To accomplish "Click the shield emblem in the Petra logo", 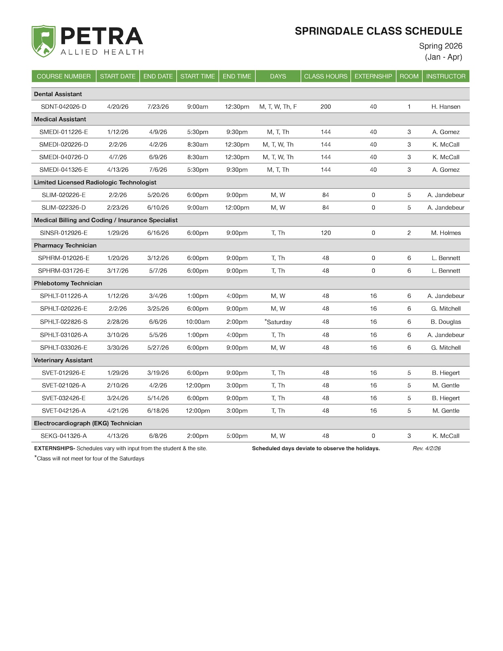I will tap(44, 41).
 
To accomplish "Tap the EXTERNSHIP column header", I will tap(373, 76).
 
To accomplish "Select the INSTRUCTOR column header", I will tap(446, 76).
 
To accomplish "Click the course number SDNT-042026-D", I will tap(63, 107).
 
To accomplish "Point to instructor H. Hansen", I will tap(446, 107).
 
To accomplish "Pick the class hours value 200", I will tap(326, 107).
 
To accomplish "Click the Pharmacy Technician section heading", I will tap(65, 245).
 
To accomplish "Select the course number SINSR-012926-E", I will tap(63, 233).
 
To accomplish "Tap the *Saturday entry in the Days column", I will tap(278, 322).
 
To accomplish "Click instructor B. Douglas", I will tap(446, 322).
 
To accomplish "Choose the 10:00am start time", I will tap(198, 322).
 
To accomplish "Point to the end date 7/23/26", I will tap(158, 107).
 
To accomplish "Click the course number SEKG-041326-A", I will tap(63, 436).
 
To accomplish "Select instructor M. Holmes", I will tap(446, 233).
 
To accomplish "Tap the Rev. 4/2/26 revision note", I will tap(426, 448).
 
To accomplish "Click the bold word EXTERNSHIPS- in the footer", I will tap(55, 448).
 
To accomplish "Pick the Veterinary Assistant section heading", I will tap(63, 360).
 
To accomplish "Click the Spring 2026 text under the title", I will tap(440, 46).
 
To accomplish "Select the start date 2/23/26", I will tap(118, 208).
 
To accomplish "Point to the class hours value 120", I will tap(326, 233).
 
